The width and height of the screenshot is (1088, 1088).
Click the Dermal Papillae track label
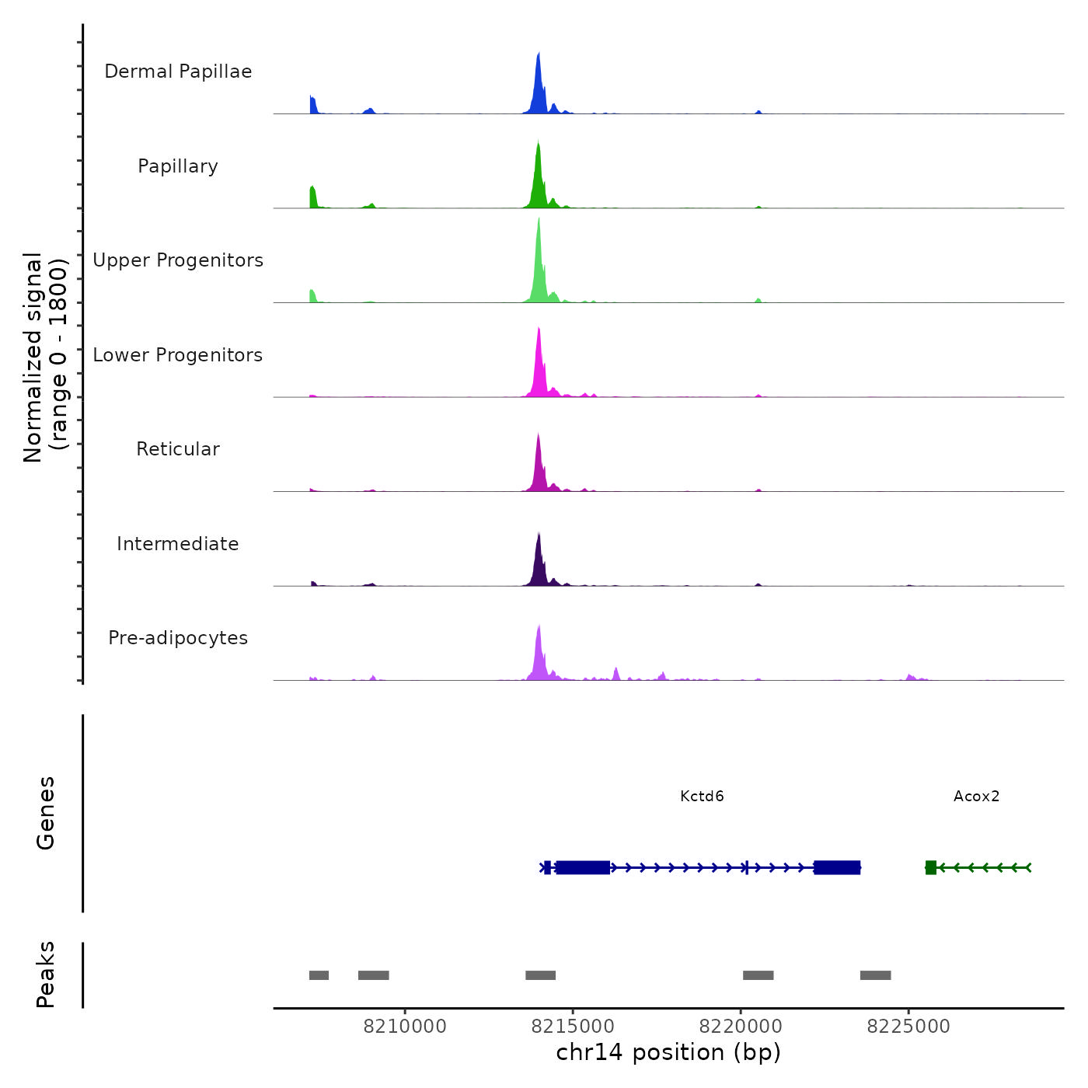click(178, 71)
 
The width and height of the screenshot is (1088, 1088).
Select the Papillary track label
click(178, 166)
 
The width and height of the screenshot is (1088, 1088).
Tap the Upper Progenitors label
click(178, 260)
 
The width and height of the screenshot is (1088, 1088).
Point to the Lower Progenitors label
click(178, 355)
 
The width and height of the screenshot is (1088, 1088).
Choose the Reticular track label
click(178, 449)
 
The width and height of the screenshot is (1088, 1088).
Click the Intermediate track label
click(178, 544)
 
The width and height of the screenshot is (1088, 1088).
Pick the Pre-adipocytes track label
click(178, 638)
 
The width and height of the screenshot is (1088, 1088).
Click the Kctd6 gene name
click(702, 796)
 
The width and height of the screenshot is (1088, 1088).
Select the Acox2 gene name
click(976, 796)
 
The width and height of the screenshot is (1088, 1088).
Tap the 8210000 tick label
click(405, 1026)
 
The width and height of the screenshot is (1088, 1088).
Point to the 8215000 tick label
click(573, 1026)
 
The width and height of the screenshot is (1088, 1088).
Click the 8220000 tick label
click(741, 1026)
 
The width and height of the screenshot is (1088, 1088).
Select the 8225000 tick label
click(908, 1026)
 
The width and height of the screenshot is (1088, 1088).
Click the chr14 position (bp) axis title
click(668, 1052)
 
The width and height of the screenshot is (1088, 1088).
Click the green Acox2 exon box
click(931, 867)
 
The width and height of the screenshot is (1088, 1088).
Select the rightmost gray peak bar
click(875, 975)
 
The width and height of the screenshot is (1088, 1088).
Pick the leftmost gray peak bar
click(319, 975)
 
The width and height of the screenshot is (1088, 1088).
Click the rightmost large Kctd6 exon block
click(837, 867)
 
